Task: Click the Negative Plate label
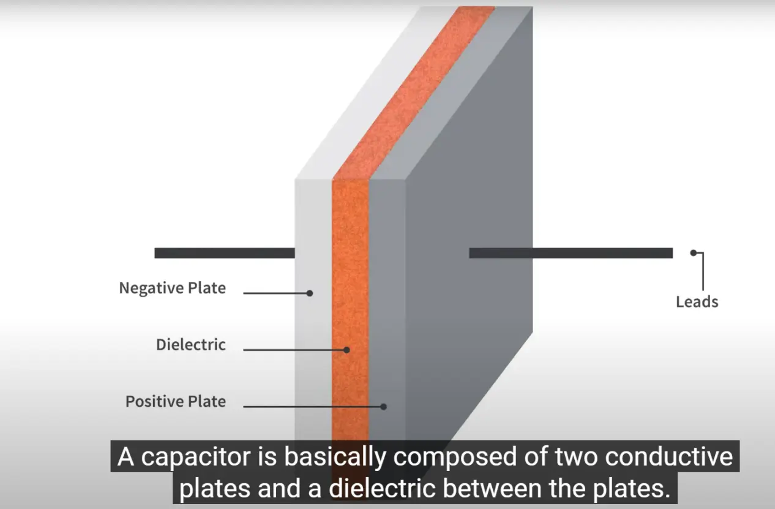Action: [172, 288]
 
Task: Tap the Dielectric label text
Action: [191, 345]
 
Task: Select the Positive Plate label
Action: [176, 402]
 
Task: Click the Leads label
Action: [697, 302]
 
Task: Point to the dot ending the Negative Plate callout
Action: [310, 293]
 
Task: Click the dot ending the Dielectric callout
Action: [346, 350]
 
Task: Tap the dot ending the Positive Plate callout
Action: [383, 407]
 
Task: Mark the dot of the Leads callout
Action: [694, 253]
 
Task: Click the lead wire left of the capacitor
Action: [225, 253]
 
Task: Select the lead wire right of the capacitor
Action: [571, 253]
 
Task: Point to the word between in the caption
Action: [492, 489]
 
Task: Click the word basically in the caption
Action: [335, 458]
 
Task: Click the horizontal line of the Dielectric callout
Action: [295, 350]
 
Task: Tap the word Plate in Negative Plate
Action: [206, 288]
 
